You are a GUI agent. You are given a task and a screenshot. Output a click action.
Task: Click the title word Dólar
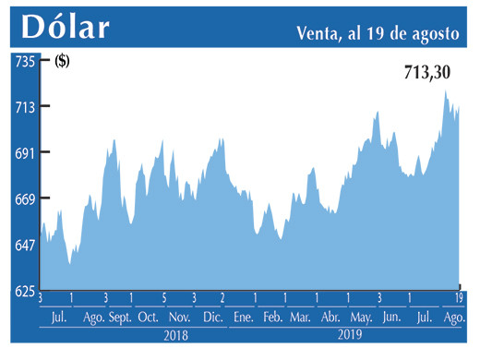tap(66, 28)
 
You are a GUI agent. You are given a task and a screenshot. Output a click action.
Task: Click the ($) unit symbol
tap(63, 62)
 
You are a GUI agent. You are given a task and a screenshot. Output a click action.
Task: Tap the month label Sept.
tap(120, 318)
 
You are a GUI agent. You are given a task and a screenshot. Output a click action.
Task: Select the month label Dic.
tap(212, 318)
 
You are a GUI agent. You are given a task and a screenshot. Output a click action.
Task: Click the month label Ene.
tap(244, 318)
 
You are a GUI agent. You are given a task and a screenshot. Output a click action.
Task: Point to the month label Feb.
tap(272, 318)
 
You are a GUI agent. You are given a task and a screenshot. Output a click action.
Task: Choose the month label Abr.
tap(330, 318)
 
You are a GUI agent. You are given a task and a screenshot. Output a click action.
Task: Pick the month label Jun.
tap(390, 318)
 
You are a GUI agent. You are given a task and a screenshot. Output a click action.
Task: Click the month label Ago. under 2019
tap(452, 318)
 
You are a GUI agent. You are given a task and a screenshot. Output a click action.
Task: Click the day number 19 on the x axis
tap(459, 297)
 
